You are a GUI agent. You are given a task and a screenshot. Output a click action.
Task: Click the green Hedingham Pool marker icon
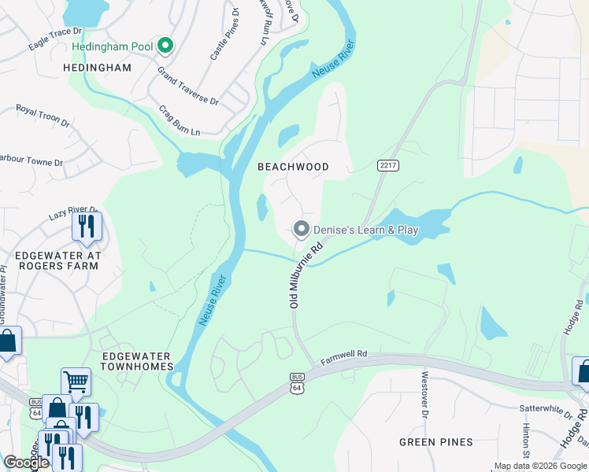(165, 46)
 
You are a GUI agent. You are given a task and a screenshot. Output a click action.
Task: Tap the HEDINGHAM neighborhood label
(98, 68)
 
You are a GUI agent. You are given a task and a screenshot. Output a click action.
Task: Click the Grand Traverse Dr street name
(187, 87)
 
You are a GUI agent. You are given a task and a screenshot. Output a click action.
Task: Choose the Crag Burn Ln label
(180, 121)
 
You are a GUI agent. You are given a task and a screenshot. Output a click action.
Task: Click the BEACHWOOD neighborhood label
(293, 167)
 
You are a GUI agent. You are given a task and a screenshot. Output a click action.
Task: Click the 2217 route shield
(387, 165)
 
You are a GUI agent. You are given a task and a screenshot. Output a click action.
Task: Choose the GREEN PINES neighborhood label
(435, 441)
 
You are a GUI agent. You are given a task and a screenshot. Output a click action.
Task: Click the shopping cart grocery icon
(76, 382)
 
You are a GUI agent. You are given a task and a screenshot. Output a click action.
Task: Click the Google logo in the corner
(26, 462)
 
